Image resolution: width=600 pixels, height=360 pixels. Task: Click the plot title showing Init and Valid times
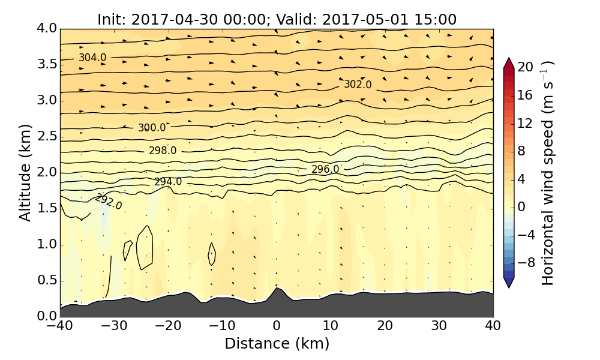(277, 19)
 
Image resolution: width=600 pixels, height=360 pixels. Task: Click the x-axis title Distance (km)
(277, 344)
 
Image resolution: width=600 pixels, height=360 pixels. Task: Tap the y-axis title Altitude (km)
(25, 172)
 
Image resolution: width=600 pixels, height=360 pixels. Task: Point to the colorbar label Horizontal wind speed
(548, 173)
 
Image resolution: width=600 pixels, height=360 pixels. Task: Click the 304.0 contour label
(92, 58)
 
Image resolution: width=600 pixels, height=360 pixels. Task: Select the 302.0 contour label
(358, 85)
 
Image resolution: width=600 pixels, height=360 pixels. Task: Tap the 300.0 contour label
(152, 128)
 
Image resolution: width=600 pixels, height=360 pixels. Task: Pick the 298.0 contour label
(163, 151)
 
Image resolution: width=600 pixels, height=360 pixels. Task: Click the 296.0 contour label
(325, 169)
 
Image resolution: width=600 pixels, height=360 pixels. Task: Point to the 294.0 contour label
(168, 182)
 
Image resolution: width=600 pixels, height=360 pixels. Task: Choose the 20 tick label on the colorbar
(525, 67)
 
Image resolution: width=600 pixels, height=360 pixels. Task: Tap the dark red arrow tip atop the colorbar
(508, 61)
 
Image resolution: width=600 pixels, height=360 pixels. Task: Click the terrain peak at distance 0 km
(277, 289)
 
